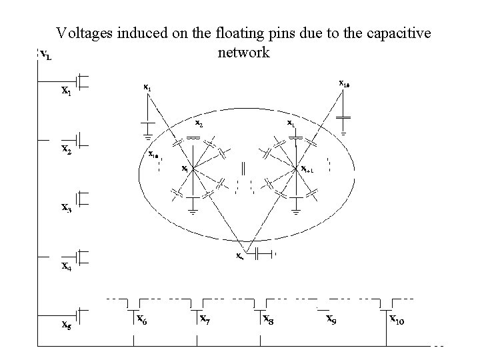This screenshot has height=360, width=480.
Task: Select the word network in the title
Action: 244,52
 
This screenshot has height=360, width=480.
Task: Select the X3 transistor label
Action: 67,207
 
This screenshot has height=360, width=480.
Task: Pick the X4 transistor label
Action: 67,266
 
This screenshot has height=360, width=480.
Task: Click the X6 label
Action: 142,319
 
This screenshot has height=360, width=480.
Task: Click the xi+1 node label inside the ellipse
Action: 309,169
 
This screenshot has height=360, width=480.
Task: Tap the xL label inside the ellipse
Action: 291,124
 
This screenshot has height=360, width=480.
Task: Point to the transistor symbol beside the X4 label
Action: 82,256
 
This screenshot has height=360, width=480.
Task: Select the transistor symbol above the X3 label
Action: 82,198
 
